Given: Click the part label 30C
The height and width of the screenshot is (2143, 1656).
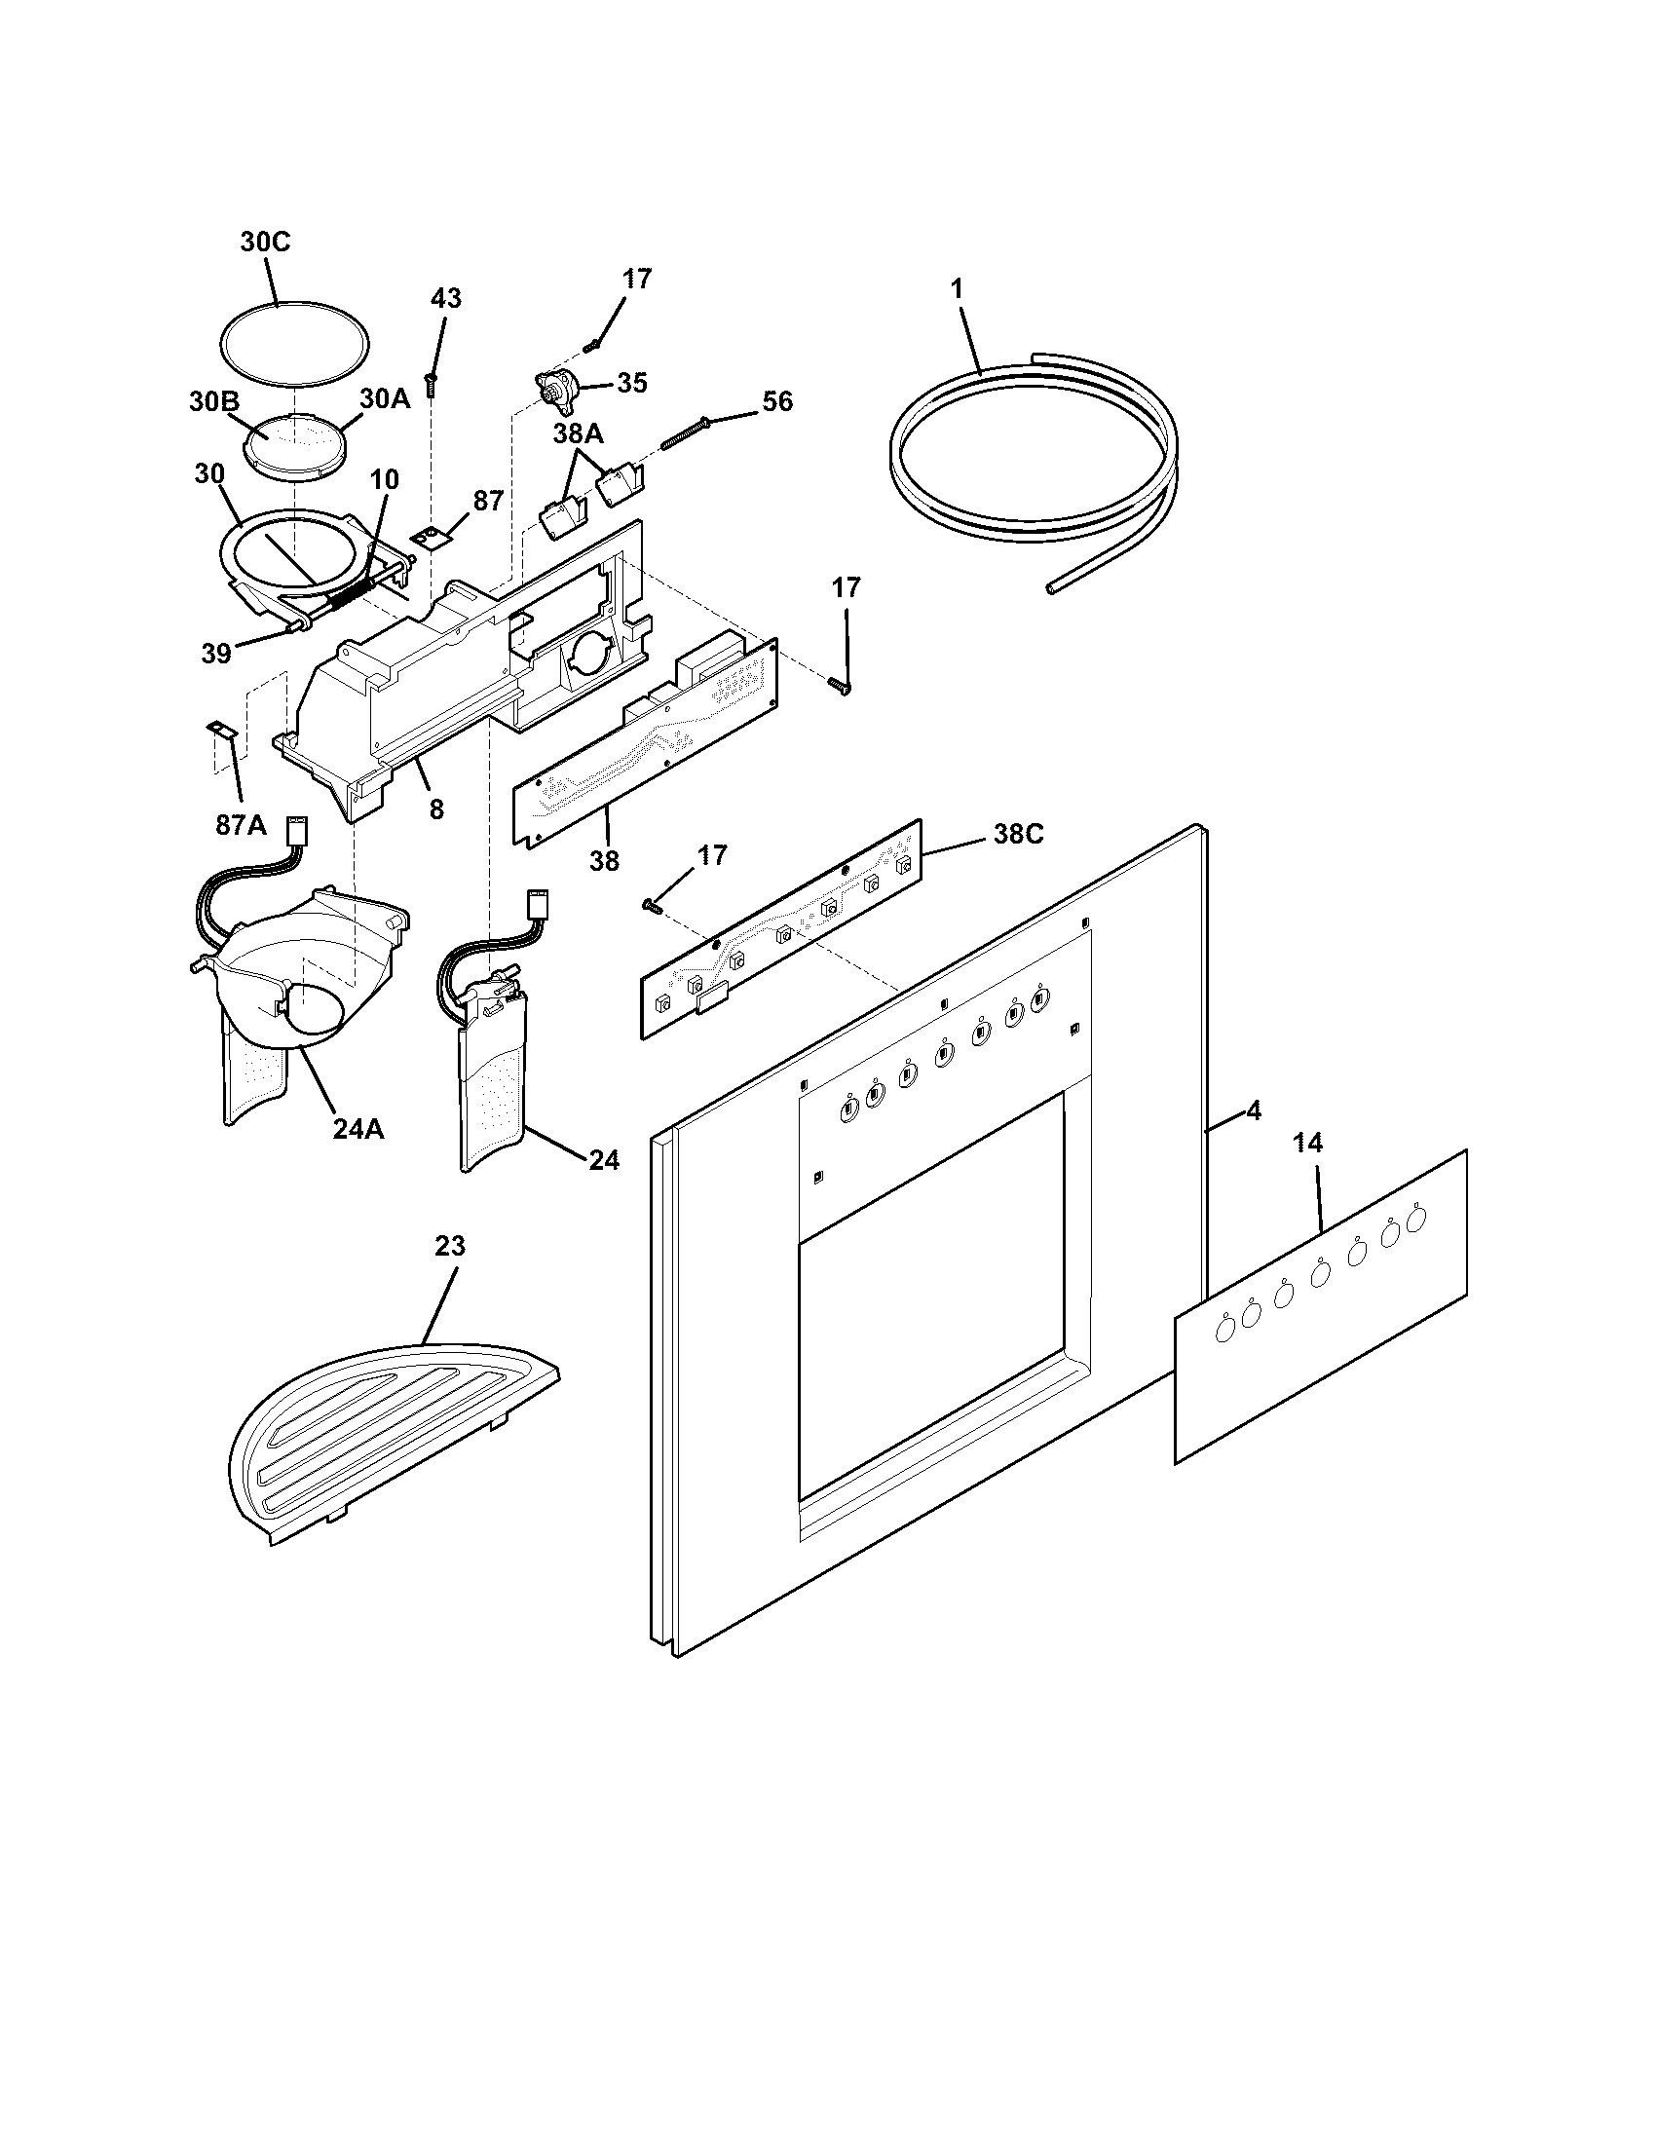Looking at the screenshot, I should (265, 243).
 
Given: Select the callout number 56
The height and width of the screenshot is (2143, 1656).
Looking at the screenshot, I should (777, 401).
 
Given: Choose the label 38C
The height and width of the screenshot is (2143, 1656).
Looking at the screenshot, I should (1017, 834).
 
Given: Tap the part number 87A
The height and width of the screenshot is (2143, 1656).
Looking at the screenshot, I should (241, 825).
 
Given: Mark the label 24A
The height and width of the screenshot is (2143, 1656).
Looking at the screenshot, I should (358, 1129).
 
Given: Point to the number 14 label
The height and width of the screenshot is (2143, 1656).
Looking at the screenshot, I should (1307, 1143).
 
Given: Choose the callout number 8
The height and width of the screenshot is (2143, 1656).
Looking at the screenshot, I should (436, 808).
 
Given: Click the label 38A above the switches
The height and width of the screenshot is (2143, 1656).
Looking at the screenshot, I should (578, 432).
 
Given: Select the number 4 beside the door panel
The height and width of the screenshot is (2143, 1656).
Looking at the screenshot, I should (1254, 1111).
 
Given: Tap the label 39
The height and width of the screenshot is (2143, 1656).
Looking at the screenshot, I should (216, 653).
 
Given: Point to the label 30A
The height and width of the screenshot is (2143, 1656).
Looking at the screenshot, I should (385, 398).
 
